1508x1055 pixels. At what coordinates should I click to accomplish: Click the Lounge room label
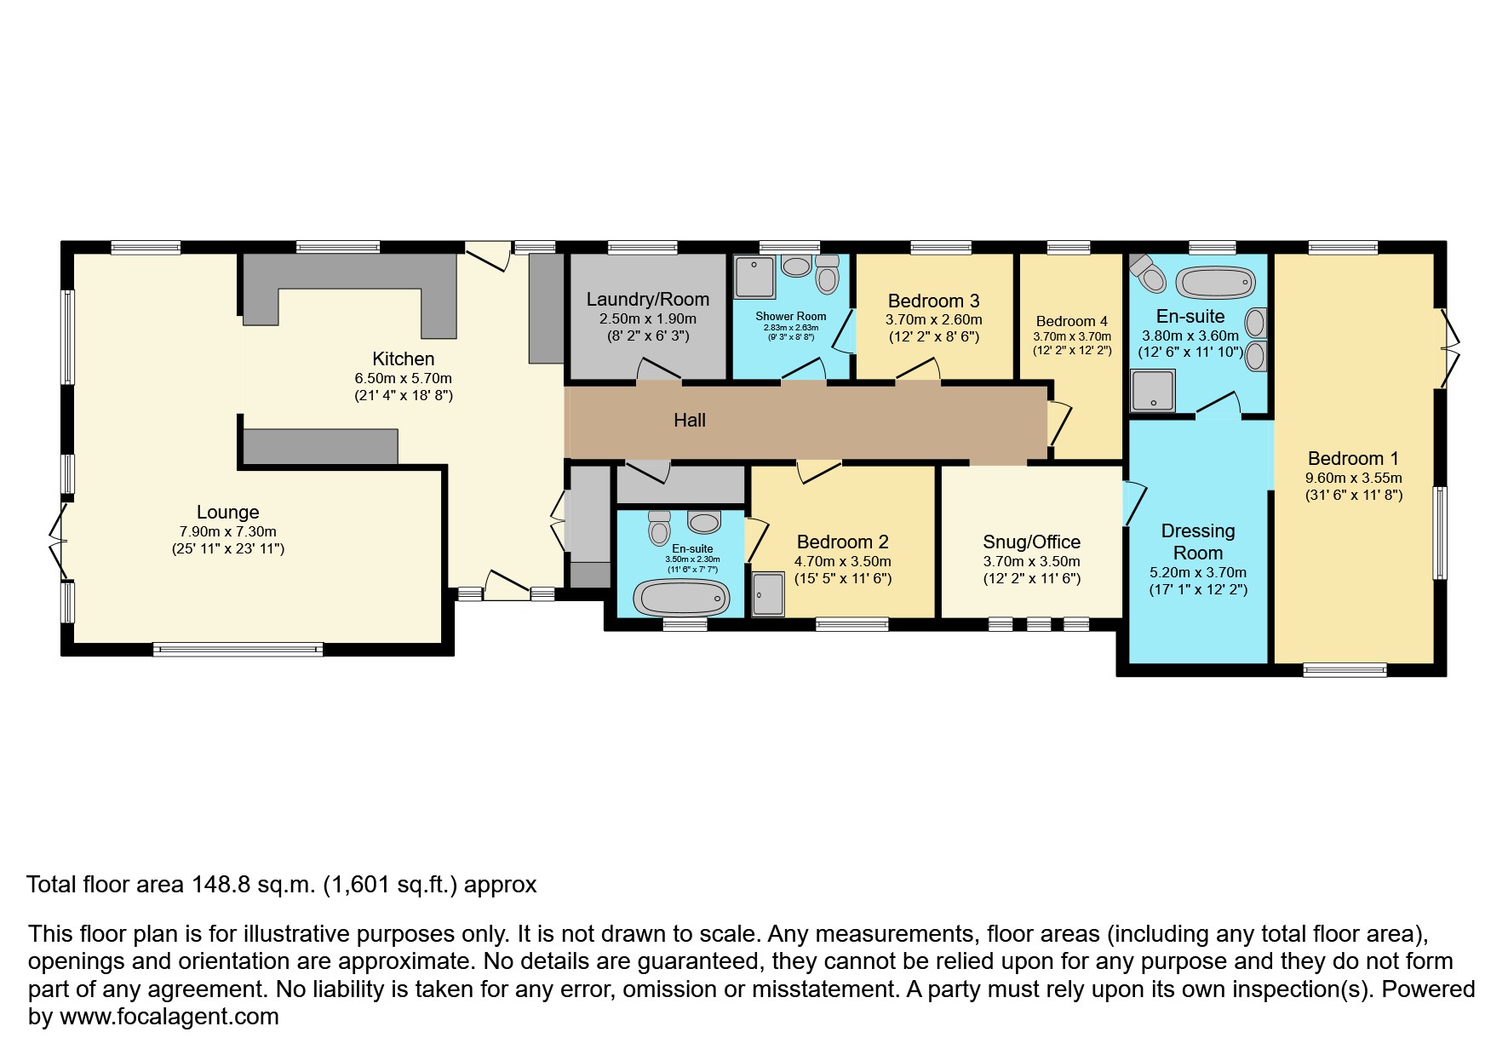(227, 512)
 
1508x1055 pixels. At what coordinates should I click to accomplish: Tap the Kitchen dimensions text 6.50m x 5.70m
(403, 378)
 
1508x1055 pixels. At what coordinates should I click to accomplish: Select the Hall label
(689, 420)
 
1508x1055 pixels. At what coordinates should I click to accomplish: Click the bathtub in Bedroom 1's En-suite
(1217, 281)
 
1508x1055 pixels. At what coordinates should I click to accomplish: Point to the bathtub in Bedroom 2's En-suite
(684, 598)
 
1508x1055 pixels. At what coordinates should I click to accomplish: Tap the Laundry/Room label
(647, 299)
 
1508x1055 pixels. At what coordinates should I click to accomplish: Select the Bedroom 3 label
(933, 301)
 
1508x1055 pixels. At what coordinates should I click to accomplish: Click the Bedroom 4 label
(1071, 321)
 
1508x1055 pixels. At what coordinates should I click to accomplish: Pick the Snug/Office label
(1031, 542)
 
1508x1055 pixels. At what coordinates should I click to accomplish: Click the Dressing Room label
(1197, 542)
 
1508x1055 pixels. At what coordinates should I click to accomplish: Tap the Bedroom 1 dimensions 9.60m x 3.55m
(1353, 478)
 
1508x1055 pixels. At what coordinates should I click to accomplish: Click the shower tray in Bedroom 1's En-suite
(1153, 390)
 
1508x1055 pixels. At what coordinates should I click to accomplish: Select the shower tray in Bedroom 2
(768, 593)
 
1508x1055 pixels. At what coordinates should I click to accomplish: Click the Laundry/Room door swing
(658, 371)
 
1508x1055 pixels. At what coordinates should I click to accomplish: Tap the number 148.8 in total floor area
(221, 885)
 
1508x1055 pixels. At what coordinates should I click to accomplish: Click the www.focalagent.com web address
(169, 1017)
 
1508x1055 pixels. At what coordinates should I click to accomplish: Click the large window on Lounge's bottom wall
(238, 650)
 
